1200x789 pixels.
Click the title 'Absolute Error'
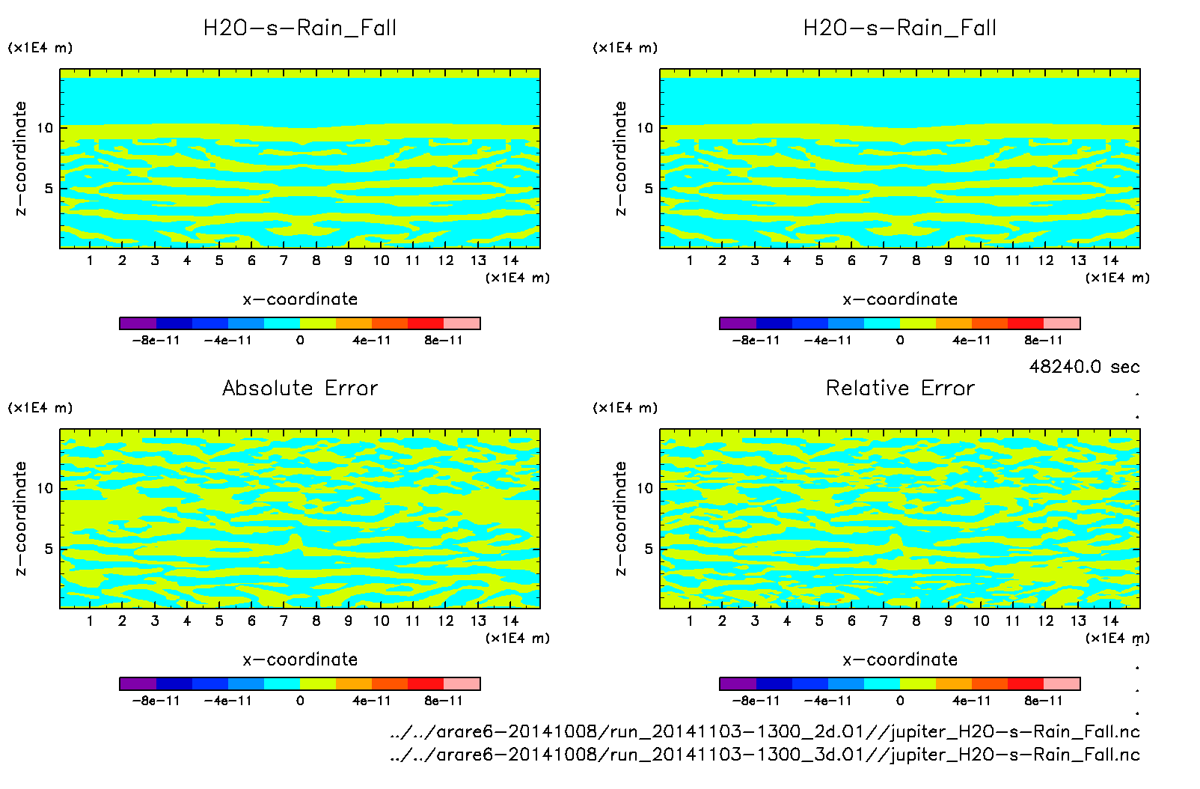[x=300, y=388]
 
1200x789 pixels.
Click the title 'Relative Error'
[x=900, y=388]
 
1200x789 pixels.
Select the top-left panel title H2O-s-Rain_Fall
[x=300, y=28]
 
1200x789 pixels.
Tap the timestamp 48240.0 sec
[x=1084, y=367]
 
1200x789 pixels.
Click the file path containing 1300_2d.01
[x=765, y=731]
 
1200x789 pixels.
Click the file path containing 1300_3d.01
[x=765, y=755]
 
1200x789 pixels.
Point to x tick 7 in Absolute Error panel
[x=284, y=621]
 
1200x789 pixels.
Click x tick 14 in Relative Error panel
[x=1110, y=621]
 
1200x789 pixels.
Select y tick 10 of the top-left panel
[x=45, y=128]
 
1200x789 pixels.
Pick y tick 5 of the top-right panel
[x=649, y=189]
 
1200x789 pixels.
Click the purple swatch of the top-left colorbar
[x=138, y=323]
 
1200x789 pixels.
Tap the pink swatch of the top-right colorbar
[x=1062, y=323]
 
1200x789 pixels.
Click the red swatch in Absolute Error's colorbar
[x=426, y=683]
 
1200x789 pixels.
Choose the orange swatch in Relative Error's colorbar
[x=953, y=683]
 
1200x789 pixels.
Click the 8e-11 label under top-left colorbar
[x=444, y=341]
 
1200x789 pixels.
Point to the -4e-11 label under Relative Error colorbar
[x=827, y=701]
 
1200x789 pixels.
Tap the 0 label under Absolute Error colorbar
[x=300, y=701]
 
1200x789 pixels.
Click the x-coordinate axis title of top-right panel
[x=900, y=299]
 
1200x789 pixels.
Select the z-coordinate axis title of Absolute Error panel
[x=20, y=518]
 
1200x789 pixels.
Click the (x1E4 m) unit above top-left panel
[x=40, y=48]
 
